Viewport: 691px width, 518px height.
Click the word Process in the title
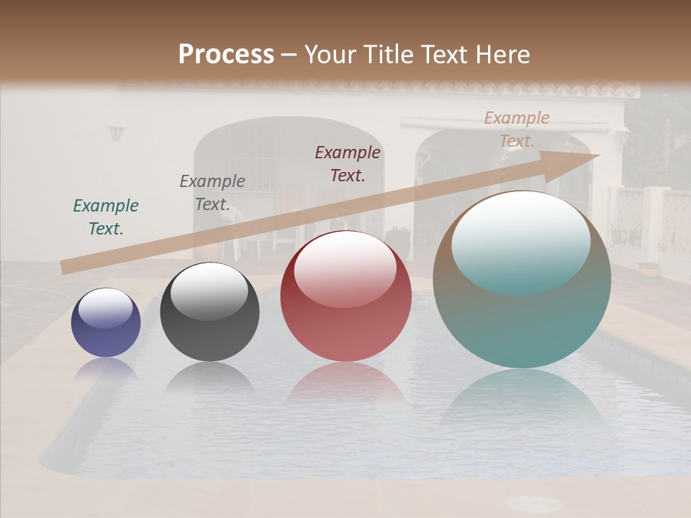pos(226,55)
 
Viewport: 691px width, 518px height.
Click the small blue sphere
pos(106,323)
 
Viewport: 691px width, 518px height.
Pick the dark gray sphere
pos(209,312)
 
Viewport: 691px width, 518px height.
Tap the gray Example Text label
pos(212,193)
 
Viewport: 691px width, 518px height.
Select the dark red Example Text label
pos(348,163)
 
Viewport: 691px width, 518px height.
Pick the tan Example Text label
pos(517,129)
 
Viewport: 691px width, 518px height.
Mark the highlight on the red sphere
pos(345,266)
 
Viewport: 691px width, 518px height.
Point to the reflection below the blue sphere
pos(106,370)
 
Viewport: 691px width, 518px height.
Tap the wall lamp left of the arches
pos(116,132)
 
